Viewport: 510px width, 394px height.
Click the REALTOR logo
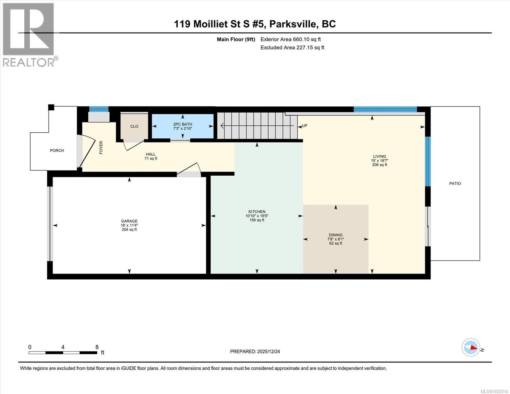point(29,34)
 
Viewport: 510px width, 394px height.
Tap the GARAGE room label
point(129,221)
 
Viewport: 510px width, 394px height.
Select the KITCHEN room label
point(257,212)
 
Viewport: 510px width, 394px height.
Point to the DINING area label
point(336,235)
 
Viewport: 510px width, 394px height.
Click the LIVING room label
point(379,157)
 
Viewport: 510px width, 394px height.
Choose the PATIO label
point(455,184)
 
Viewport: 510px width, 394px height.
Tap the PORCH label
point(57,151)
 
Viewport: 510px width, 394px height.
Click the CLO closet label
point(134,126)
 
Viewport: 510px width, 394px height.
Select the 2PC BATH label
point(183,124)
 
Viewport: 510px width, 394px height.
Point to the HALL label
point(151,154)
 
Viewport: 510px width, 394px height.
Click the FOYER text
point(101,147)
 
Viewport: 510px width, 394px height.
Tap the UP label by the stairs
point(304,126)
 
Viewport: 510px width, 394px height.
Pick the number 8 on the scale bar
point(97,347)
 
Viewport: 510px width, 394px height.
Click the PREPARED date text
point(255,352)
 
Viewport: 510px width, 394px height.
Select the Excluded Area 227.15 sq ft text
point(292,48)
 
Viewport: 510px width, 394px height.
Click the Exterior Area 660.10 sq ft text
point(291,39)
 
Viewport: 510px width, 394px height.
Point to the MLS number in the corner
point(494,391)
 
